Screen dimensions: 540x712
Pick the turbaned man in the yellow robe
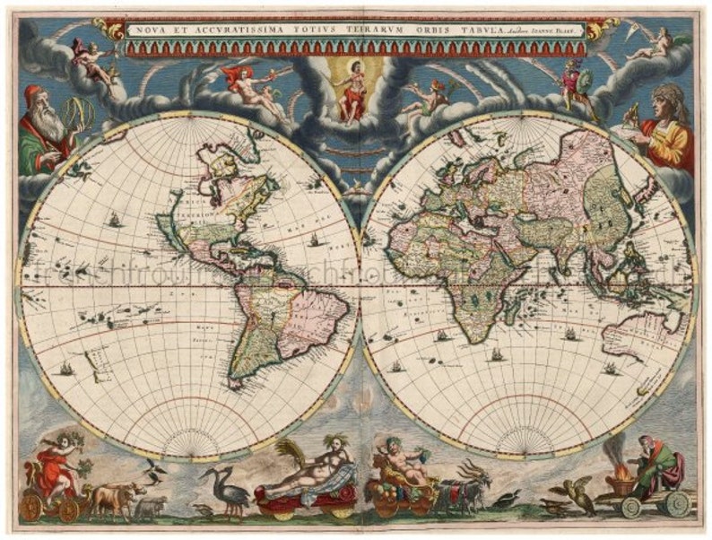pyautogui.click(x=669, y=126)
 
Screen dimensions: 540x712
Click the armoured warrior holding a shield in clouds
pyautogui.click(x=573, y=86)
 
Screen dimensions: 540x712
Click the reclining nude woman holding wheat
pyautogui.click(x=305, y=475)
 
